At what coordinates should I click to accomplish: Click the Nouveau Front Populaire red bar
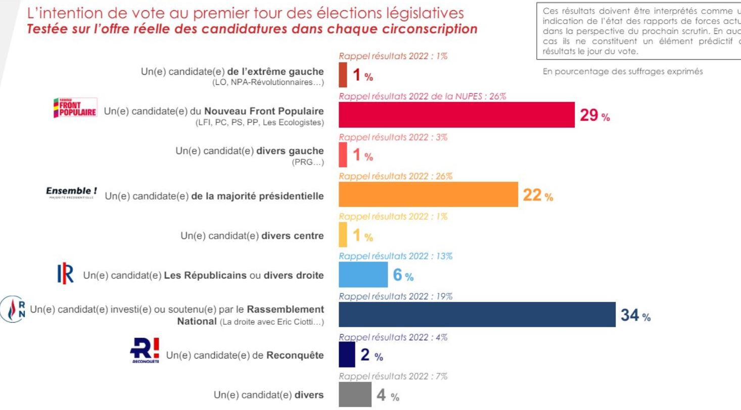click(x=456, y=115)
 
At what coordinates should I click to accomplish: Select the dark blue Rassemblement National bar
click(x=477, y=315)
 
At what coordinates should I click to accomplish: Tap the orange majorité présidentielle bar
click(x=428, y=194)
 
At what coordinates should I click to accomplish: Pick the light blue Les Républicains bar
click(x=363, y=275)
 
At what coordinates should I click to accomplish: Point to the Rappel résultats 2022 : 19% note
click(x=395, y=297)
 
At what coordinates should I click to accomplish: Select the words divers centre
click(x=293, y=236)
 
